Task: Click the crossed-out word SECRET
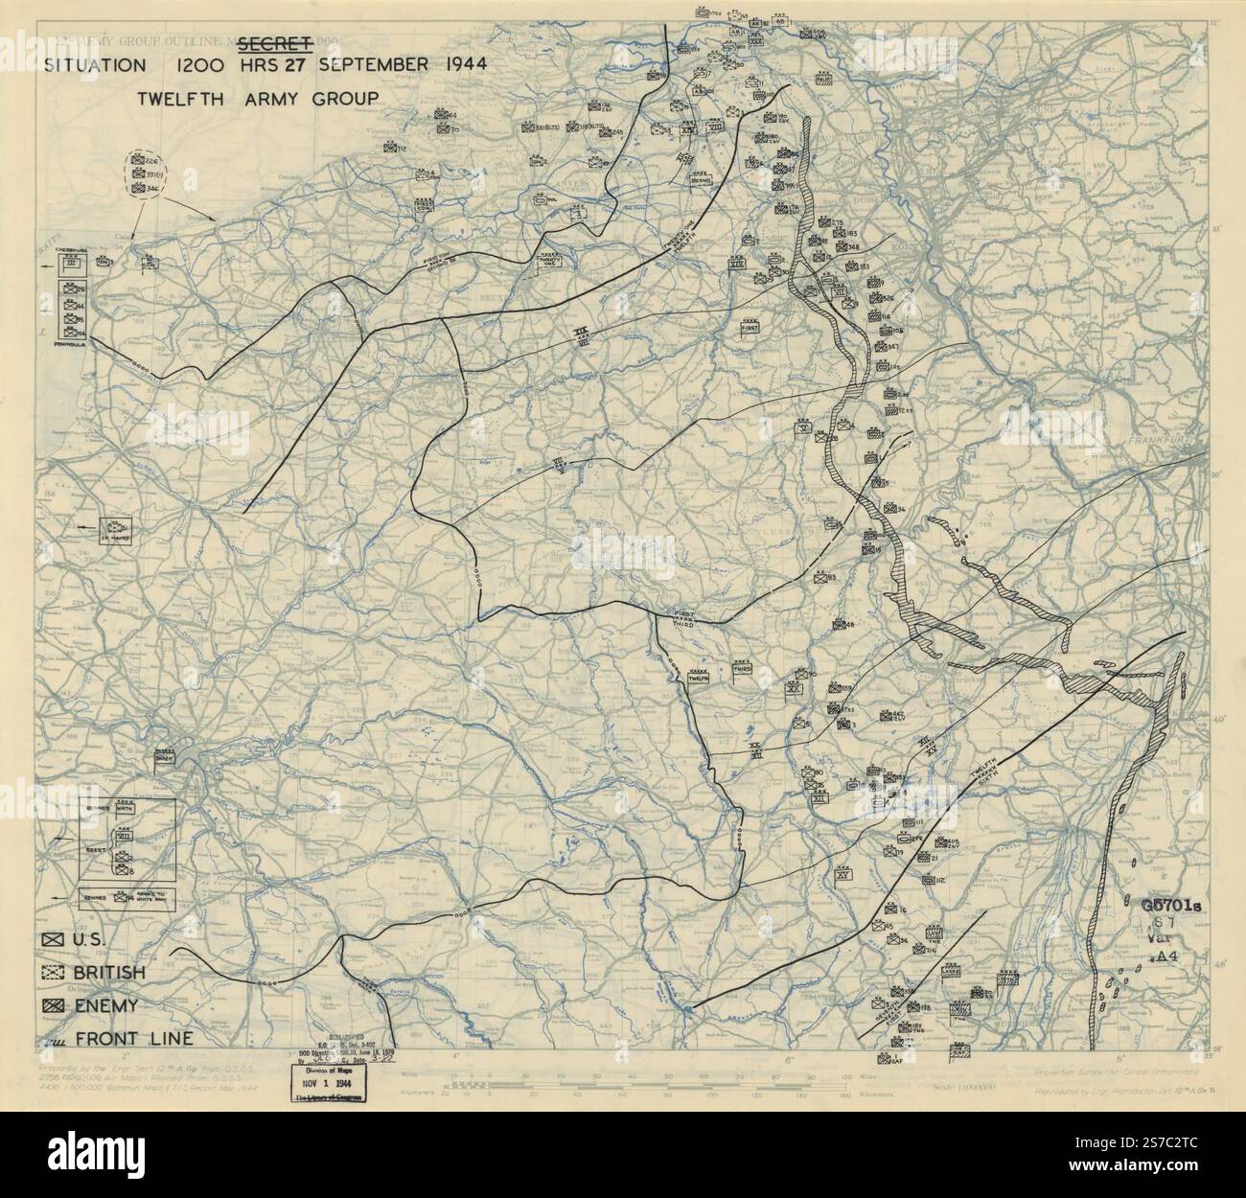[x=276, y=42]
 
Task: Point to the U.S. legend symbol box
[x=52, y=940]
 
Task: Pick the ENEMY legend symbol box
[x=52, y=1005]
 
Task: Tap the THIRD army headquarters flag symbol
[x=743, y=672]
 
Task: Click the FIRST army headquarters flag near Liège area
[x=750, y=328]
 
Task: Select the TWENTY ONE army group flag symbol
[x=549, y=259]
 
